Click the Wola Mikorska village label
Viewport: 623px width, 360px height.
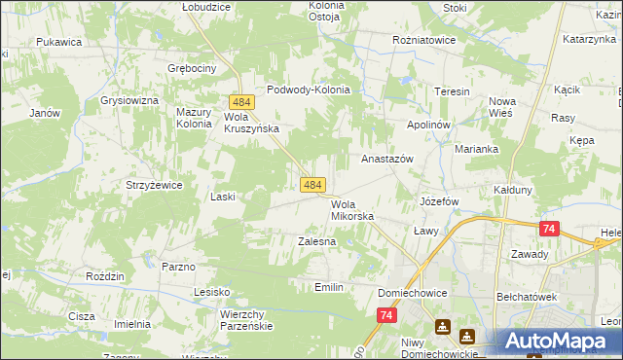(351, 210)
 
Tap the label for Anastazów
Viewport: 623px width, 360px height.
(387, 158)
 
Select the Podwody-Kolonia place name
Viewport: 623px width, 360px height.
(308, 89)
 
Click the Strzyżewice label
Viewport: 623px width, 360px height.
(148, 185)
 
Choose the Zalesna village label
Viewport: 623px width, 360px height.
(316, 240)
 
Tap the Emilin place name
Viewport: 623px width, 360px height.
(329, 287)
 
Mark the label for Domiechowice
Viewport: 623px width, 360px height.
(418, 292)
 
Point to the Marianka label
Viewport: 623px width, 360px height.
(477, 149)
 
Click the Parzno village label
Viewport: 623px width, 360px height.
(179, 266)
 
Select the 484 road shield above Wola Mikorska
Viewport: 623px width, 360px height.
(311, 184)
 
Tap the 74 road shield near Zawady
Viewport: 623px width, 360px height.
(549, 229)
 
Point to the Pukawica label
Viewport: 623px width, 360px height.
(58, 43)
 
